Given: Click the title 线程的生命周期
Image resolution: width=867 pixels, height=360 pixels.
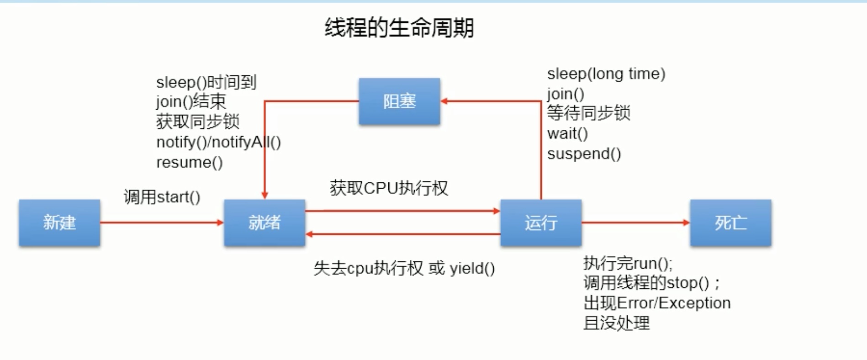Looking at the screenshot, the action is pyautogui.click(x=399, y=28).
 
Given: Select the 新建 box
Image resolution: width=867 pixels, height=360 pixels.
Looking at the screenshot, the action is pyautogui.click(x=59, y=223).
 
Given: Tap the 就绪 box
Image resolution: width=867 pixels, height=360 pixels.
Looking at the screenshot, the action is pyautogui.click(x=264, y=223).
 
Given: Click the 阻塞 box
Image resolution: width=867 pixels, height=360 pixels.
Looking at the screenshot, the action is pyautogui.click(x=399, y=101).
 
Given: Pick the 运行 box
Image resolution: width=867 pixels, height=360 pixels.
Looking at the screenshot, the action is pyautogui.click(x=541, y=223).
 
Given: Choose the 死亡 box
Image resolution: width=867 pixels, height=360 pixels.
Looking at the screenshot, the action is pyautogui.click(x=730, y=223).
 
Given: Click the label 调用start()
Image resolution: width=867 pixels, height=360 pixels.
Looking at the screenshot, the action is pyautogui.click(x=162, y=197).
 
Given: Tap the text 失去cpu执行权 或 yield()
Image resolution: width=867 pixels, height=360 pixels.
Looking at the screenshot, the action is pyautogui.click(x=404, y=268).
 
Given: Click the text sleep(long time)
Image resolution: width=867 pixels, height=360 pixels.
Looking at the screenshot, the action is pyautogui.click(x=606, y=74).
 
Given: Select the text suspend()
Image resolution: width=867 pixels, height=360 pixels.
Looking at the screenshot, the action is pyautogui.click(x=584, y=154).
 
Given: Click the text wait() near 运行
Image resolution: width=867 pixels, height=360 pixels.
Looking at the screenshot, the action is pyautogui.click(x=567, y=134).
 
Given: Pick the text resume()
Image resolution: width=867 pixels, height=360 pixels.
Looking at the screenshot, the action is pyautogui.click(x=189, y=163).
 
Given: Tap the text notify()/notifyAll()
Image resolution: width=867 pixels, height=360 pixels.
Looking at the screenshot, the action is pyautogui.click(x=218, y=143).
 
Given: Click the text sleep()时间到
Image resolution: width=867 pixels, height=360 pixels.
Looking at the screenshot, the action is pyautogui.click(x=206, y=83).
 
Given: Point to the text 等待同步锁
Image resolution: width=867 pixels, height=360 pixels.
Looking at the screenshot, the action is pyautogui.click(x=588, y=113).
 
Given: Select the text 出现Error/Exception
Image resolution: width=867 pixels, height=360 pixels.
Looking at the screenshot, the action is pyautogui.click(x=657, y=303).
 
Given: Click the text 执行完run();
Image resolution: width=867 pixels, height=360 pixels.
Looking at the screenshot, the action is pyautogui.click(x=628, y=264).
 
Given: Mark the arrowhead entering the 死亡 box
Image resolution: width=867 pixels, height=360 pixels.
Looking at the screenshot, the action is pyautogui.click(x=687, y=222).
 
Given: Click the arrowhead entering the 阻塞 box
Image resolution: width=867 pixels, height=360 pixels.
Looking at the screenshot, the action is pyautogui.click(x=444, y=101).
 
